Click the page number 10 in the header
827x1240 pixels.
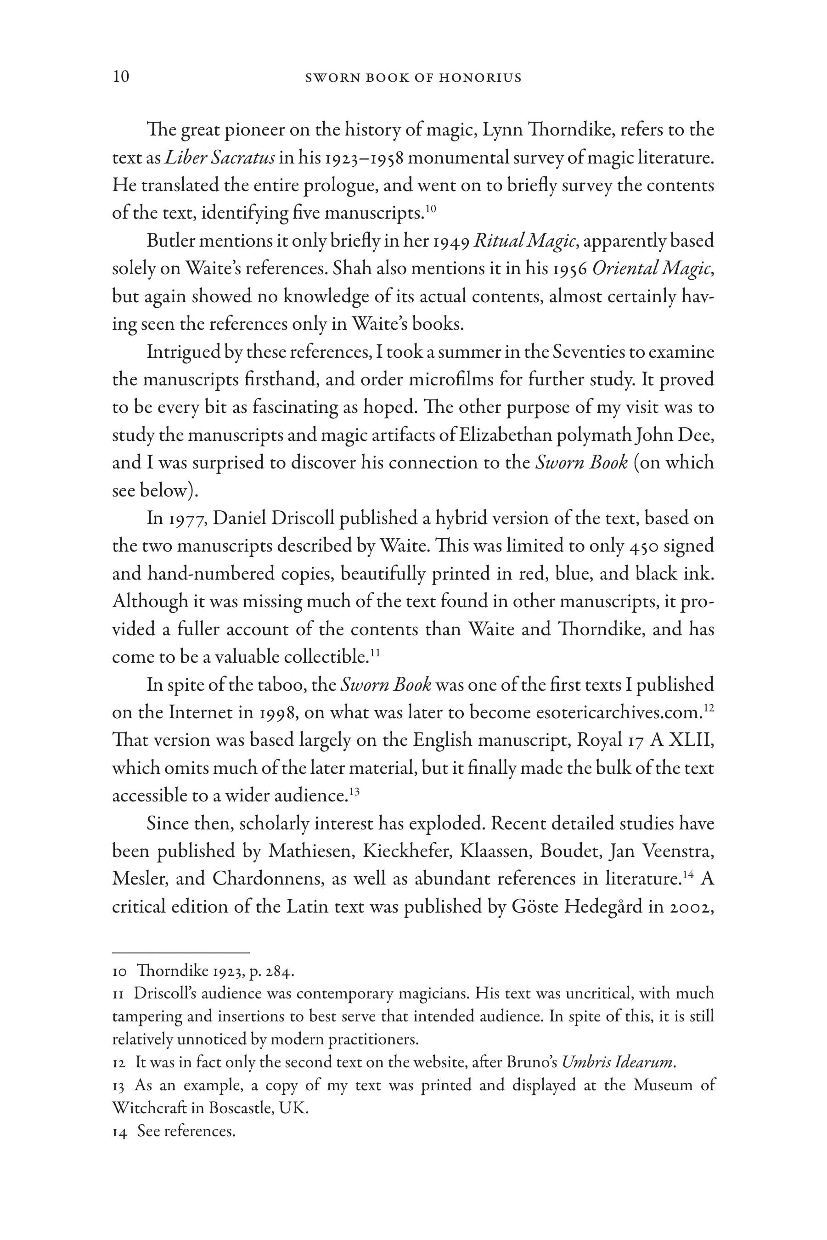(121, 77)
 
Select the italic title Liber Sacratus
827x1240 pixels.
(219, 158)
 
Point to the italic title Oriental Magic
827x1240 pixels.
(653, 269)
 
